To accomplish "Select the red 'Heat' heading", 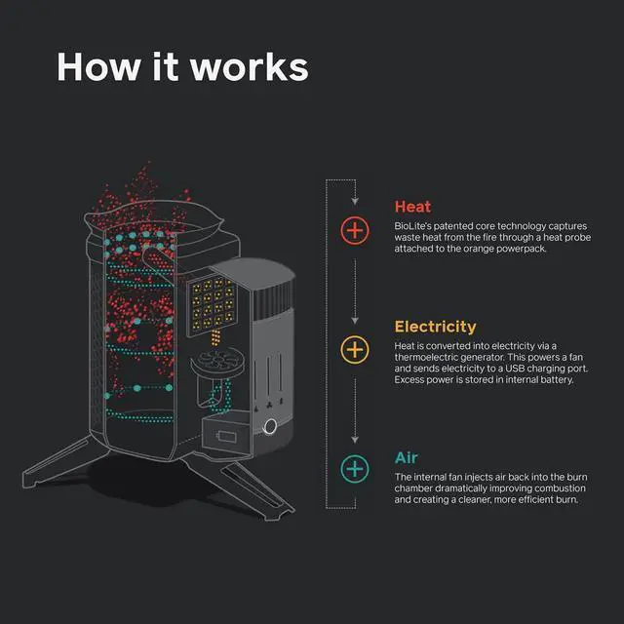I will tap(412, 206).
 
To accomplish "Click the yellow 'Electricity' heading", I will tap(435, 327).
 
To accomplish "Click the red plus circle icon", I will tap(355, 230).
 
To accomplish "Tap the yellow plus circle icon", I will tap(355, 349).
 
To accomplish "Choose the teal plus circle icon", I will tap(355, 469).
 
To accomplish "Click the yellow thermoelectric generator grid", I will tap(214, 301).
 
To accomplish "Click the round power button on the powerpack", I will tap(269, 426).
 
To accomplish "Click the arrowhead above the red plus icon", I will tap(355, 202).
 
